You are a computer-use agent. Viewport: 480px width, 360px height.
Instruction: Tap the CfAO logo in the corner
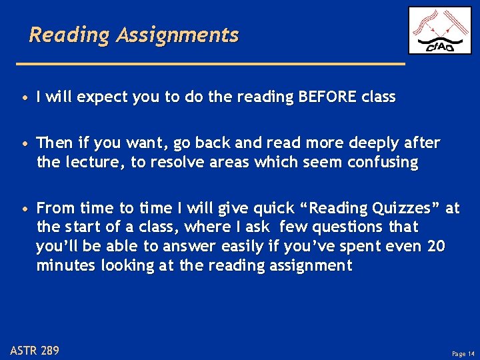click(439, 30)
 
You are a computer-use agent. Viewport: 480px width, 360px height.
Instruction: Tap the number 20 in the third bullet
click(436, 246)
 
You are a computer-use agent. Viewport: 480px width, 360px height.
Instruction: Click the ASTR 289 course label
click(35, 349)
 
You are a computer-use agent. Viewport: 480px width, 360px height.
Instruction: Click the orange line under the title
click(211, 63)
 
